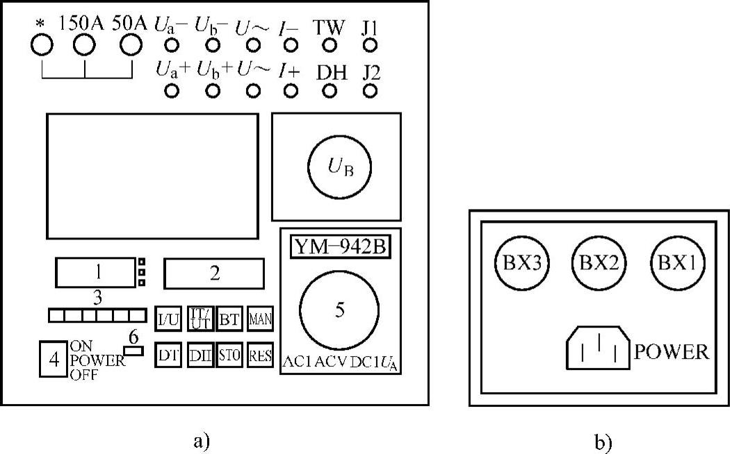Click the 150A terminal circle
point(84,45)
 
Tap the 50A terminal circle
point(130,45)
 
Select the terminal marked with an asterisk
point(42,45)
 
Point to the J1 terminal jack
point(371,46)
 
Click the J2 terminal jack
point(371,91)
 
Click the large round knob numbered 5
point(339,310)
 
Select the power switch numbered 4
point(53,359)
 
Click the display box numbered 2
point(214,274)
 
